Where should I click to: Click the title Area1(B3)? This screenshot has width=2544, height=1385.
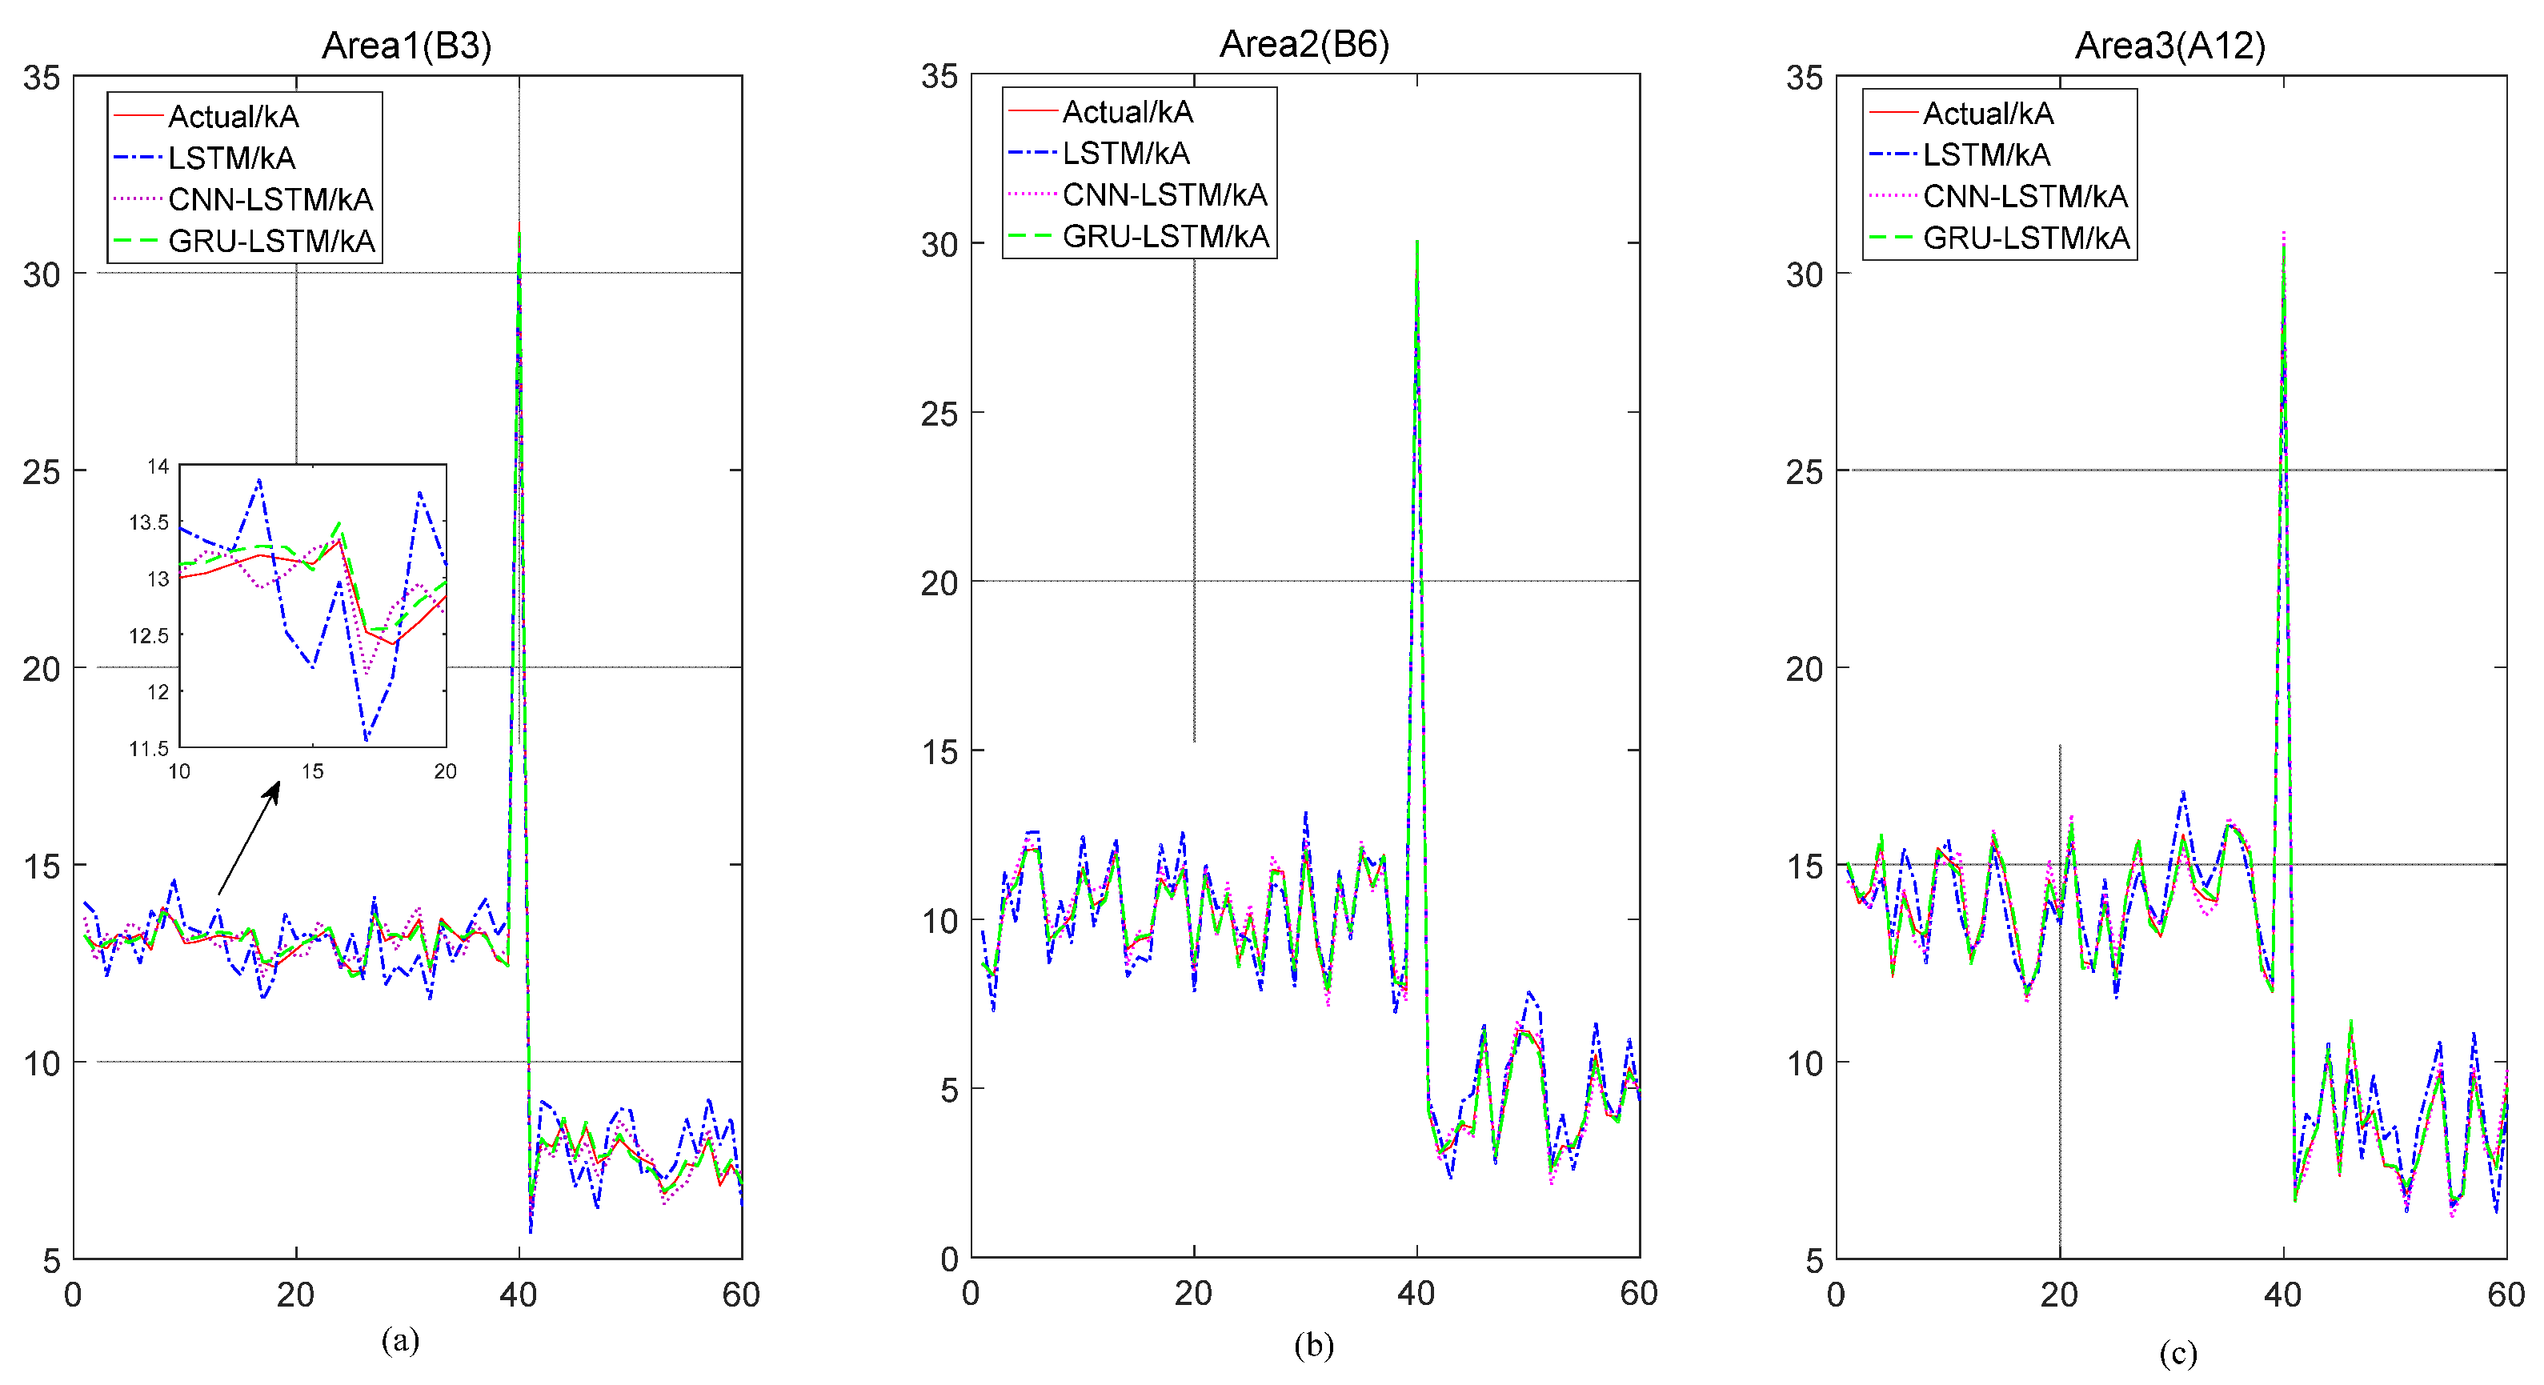click(x=406, y=46)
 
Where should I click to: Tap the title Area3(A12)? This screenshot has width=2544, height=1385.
click(x=2169, y=46)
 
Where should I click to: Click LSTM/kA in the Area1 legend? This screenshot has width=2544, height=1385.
click(x=231, y=158)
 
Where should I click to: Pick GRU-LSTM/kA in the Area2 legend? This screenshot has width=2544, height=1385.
click(x=1165, y=236)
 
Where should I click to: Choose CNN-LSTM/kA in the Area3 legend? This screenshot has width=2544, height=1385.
click(x=2025, y=197)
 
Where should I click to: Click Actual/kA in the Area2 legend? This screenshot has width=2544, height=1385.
click(x=1127, y=111)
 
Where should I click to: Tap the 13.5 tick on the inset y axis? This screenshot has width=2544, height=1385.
click(x=149, y=522)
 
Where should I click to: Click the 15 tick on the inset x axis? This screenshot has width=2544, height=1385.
click(x=312, y=772)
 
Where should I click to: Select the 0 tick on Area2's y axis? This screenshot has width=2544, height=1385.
click(x=949, y=1259)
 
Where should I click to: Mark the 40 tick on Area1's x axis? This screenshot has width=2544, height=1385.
click(x=519, y=1294)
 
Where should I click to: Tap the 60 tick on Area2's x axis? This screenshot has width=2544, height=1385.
click(x=1638, y=1293)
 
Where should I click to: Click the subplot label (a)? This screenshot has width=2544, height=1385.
click(x=400, y=1340)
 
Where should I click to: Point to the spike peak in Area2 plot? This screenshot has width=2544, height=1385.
click(x=1417, y=242)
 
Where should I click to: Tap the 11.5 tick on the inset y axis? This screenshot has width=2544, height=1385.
click(x=149, y=748)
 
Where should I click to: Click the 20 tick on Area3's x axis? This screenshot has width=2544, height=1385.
click(x=2059, y=1294)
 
